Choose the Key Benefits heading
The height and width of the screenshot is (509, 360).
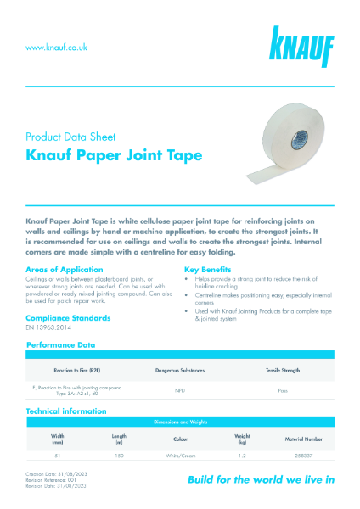211,270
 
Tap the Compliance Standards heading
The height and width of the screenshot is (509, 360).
68,317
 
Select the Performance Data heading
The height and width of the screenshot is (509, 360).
62,345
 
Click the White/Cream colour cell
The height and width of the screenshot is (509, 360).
180,456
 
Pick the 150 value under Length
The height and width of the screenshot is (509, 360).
120,456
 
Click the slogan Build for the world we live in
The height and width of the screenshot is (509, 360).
260,479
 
